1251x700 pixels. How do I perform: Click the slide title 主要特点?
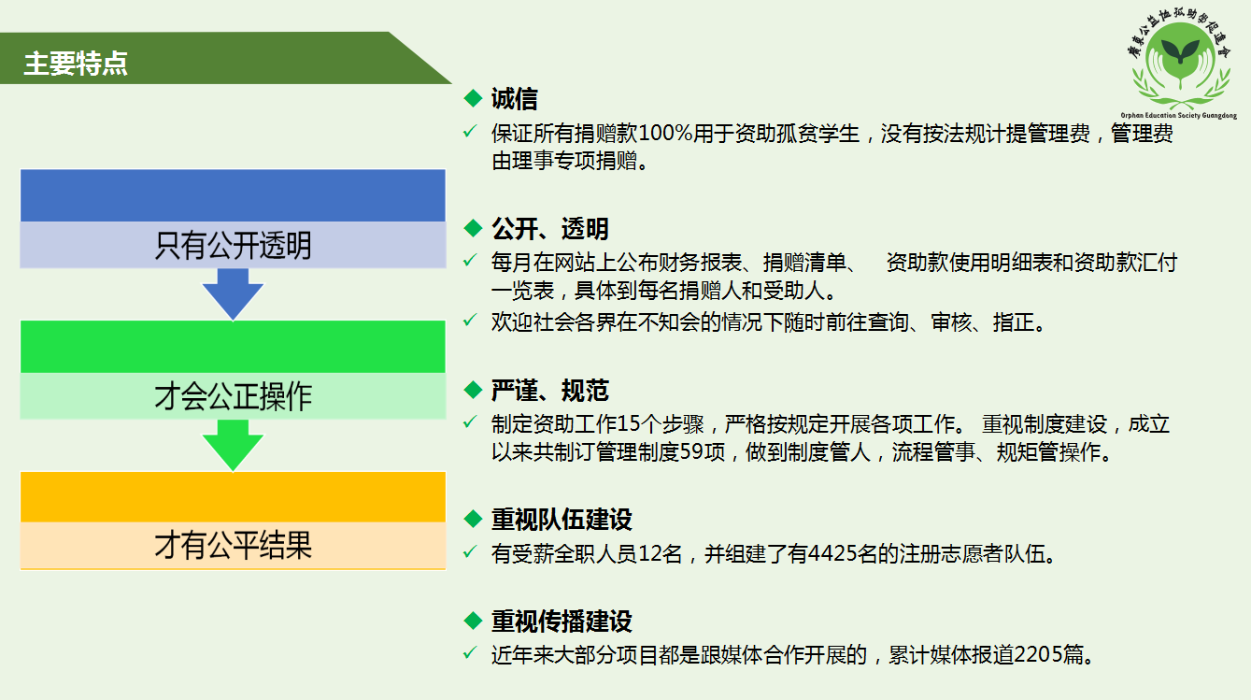76,64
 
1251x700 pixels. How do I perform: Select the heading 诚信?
514,99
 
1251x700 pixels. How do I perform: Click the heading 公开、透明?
549,228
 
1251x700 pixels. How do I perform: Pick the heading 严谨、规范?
549,390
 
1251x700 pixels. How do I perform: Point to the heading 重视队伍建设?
562,519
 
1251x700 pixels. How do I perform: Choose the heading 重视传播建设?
562,621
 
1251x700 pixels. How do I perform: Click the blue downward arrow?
233,293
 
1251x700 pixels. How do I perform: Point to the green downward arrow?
233,445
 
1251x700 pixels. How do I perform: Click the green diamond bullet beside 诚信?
473,98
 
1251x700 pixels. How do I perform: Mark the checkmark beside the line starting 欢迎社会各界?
470,321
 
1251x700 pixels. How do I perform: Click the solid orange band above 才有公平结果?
233,496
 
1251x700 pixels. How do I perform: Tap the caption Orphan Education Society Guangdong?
1179,116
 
